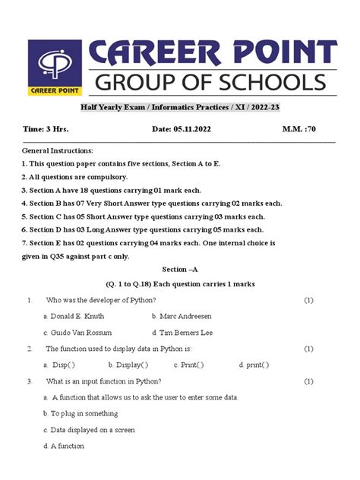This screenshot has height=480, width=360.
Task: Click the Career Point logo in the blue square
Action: [x=57, y=68]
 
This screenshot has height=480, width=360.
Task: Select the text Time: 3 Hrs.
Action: [x=45, y=130]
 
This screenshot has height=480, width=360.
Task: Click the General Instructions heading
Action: [x=58, y=151]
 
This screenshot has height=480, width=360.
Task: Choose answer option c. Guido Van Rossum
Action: [x=77, y=333]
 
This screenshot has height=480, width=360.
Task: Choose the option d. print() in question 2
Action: [x=254, y=365]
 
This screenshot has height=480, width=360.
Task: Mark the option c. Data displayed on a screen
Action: [x=89, y=430]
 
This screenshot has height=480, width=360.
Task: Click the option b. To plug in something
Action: [x=81, y=414]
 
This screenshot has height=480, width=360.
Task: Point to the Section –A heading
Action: [x=180, y=270]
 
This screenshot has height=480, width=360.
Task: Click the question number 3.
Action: [x=29, y=381]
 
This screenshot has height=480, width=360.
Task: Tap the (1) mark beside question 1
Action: [x=308, y=300]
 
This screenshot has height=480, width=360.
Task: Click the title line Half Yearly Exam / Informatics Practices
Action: [x=180, y=108]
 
